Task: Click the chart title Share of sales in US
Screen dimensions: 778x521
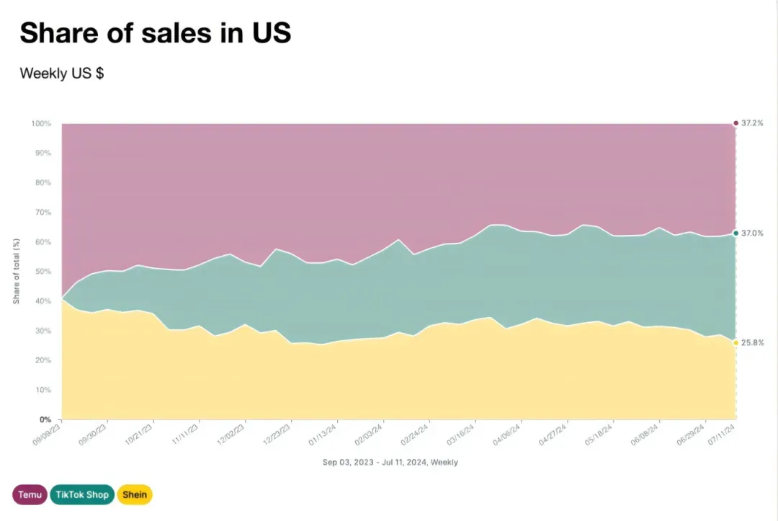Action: coord(156,32)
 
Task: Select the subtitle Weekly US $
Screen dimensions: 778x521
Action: coord(61,74)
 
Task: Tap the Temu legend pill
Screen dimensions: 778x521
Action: coord(30,495)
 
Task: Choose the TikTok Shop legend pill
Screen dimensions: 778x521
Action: coord(82,495)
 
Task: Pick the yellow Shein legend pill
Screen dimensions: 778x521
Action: coord(135,495)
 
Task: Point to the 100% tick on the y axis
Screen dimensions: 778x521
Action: coord(41,123)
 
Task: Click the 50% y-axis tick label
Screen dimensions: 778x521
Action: coord(43,272)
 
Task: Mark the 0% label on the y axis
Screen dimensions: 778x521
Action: coord(45,420)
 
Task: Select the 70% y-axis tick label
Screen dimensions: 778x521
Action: coord(43,213)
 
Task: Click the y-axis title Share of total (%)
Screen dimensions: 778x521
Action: coord(17,271)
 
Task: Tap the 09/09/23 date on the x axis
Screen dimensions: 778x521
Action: coord(47,435)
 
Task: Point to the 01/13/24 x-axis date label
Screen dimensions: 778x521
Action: coord(323,435)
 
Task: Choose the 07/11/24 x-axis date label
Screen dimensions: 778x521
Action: coord(721,435)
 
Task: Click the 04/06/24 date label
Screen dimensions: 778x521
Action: coord(506,435)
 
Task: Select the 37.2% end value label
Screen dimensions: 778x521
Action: coord(752,123)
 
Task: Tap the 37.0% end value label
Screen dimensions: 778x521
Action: coord(752,233)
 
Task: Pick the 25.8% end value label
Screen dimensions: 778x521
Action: coord(752,343)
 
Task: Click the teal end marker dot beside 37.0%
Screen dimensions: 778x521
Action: coord(735,233)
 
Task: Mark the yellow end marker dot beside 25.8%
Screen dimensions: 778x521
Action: coord(735,343)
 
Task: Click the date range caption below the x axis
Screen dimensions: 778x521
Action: coord(390,463)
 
